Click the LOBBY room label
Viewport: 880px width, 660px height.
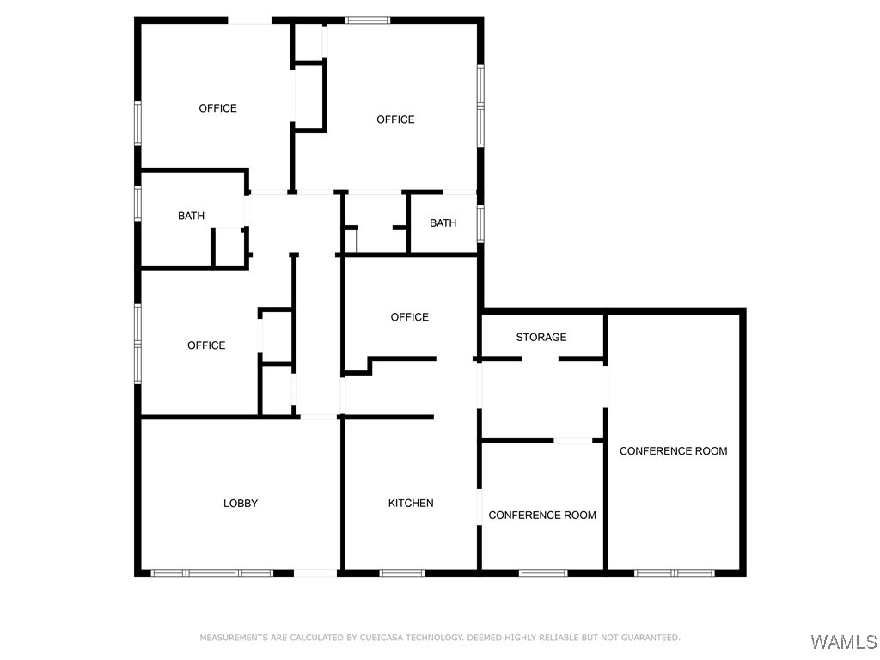point(241,504)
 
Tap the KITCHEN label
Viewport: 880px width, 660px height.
point(411,504)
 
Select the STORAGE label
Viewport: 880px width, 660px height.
point(541,338)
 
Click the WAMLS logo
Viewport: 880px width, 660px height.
point(843,642)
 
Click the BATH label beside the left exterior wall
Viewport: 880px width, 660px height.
point(191,217)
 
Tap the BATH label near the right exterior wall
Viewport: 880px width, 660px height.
point(443,223)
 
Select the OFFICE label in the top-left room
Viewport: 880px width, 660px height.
point(217,108)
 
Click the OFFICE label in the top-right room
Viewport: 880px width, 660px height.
point(395,119)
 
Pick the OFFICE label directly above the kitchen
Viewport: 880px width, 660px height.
point(409,317)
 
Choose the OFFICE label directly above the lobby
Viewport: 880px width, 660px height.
point(206,345)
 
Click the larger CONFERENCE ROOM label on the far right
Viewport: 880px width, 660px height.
point(674,451)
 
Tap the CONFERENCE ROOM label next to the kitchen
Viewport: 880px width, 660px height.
point(542,516)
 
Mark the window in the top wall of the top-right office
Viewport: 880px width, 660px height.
point(367,20)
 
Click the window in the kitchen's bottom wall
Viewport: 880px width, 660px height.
point(402,572)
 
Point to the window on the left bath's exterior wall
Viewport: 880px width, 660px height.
point(137,204)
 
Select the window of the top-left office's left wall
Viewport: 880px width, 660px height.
point(137,123)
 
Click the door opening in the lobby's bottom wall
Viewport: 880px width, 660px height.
point(315,572)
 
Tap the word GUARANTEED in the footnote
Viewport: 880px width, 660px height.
point(651,638)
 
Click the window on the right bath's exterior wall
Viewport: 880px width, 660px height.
point(480,223)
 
